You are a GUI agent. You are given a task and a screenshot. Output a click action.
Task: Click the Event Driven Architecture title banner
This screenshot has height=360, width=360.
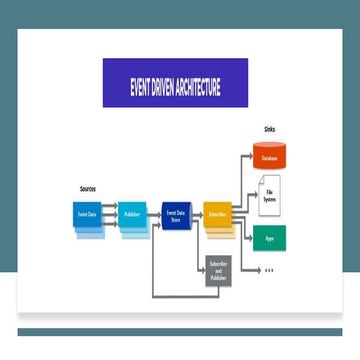pyautogui.click(x=175, y=82)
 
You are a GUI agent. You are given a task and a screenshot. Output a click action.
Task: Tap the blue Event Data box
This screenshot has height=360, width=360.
pyautogui.click(x=87, y=215)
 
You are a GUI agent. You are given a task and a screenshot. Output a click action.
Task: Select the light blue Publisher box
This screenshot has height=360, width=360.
pyautogui.click(x=132, y=215)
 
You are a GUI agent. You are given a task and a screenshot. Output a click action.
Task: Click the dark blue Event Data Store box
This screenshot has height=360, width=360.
pyautogui.click(x=175, y=214)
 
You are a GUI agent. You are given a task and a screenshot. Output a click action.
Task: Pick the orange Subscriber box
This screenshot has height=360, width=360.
pyautogui.click(x=217, y=214)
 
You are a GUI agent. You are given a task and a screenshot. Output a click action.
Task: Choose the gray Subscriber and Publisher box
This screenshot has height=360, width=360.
pyautogui.click(x=219, y=271)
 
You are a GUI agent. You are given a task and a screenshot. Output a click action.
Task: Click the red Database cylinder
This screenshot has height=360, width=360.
pyautogui.click(x=269, y=157)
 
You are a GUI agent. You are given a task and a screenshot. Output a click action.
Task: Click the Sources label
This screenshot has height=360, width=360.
pyautogui.click(x=87, y=188)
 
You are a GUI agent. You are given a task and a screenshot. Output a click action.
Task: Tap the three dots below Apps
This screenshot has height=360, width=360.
pyautogui.click(x=269, y=271)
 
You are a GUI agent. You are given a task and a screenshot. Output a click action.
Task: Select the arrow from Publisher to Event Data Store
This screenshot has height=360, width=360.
pyautogui.click(x=154, y=214)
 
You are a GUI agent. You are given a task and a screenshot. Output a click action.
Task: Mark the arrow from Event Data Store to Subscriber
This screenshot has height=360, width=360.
pyautogui.click(x=197, y=214)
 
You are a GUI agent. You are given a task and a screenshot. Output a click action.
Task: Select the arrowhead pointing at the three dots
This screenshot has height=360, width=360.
pyautogui.click(x=256, y=271)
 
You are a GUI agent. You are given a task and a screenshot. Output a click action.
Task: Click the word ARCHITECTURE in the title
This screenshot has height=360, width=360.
pyautogui.click(x=197, y=83)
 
